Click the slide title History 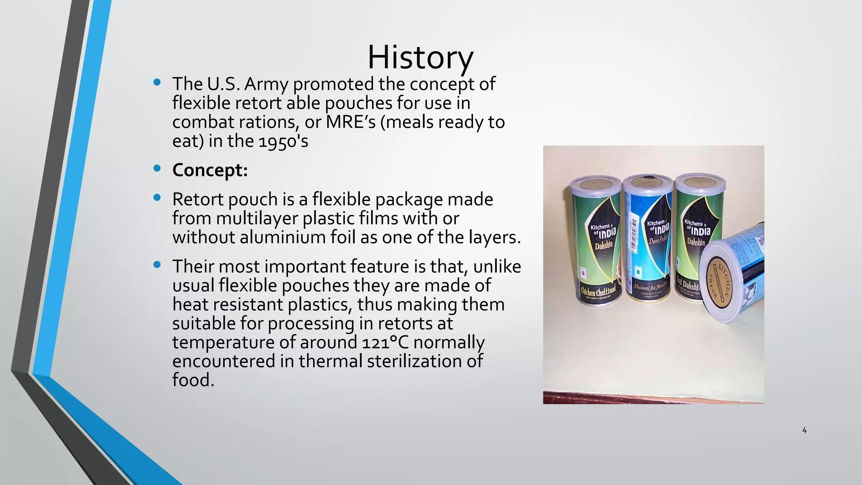pos(420,58)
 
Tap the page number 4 pos(804,430)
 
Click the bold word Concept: pos(210,170)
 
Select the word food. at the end pos(193,380)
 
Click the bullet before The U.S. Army pos(157,83)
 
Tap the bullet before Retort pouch pos(157,198)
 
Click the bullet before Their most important pos(157,265)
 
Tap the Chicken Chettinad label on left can pos(598,290)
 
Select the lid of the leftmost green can pos(595,184)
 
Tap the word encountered pos(223,361)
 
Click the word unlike pos(497,266)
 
